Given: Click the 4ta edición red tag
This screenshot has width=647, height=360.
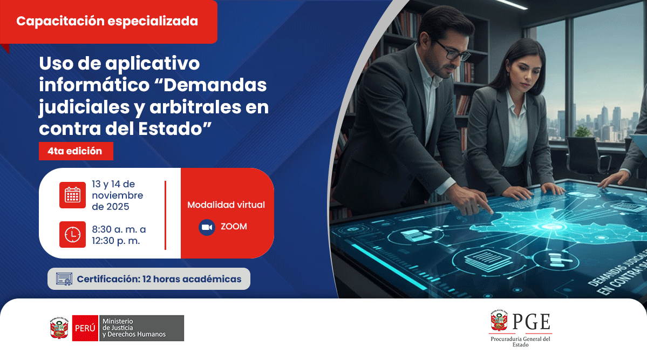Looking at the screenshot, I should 76,151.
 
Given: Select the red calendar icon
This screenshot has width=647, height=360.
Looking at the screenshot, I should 72,195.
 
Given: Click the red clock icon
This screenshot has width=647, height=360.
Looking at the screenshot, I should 72,234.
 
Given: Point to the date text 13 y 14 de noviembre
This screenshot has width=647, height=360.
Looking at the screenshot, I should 117,195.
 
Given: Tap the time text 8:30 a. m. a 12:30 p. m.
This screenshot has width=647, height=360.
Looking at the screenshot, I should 119,235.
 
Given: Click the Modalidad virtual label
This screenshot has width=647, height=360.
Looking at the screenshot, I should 226,205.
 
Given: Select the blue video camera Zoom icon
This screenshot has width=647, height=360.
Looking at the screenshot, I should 207,227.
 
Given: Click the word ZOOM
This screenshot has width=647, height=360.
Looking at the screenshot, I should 234,227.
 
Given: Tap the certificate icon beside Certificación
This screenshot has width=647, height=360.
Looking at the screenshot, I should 64,279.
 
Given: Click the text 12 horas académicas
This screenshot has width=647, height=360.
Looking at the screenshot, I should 192,279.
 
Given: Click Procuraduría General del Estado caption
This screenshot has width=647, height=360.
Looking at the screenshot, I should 520,342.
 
